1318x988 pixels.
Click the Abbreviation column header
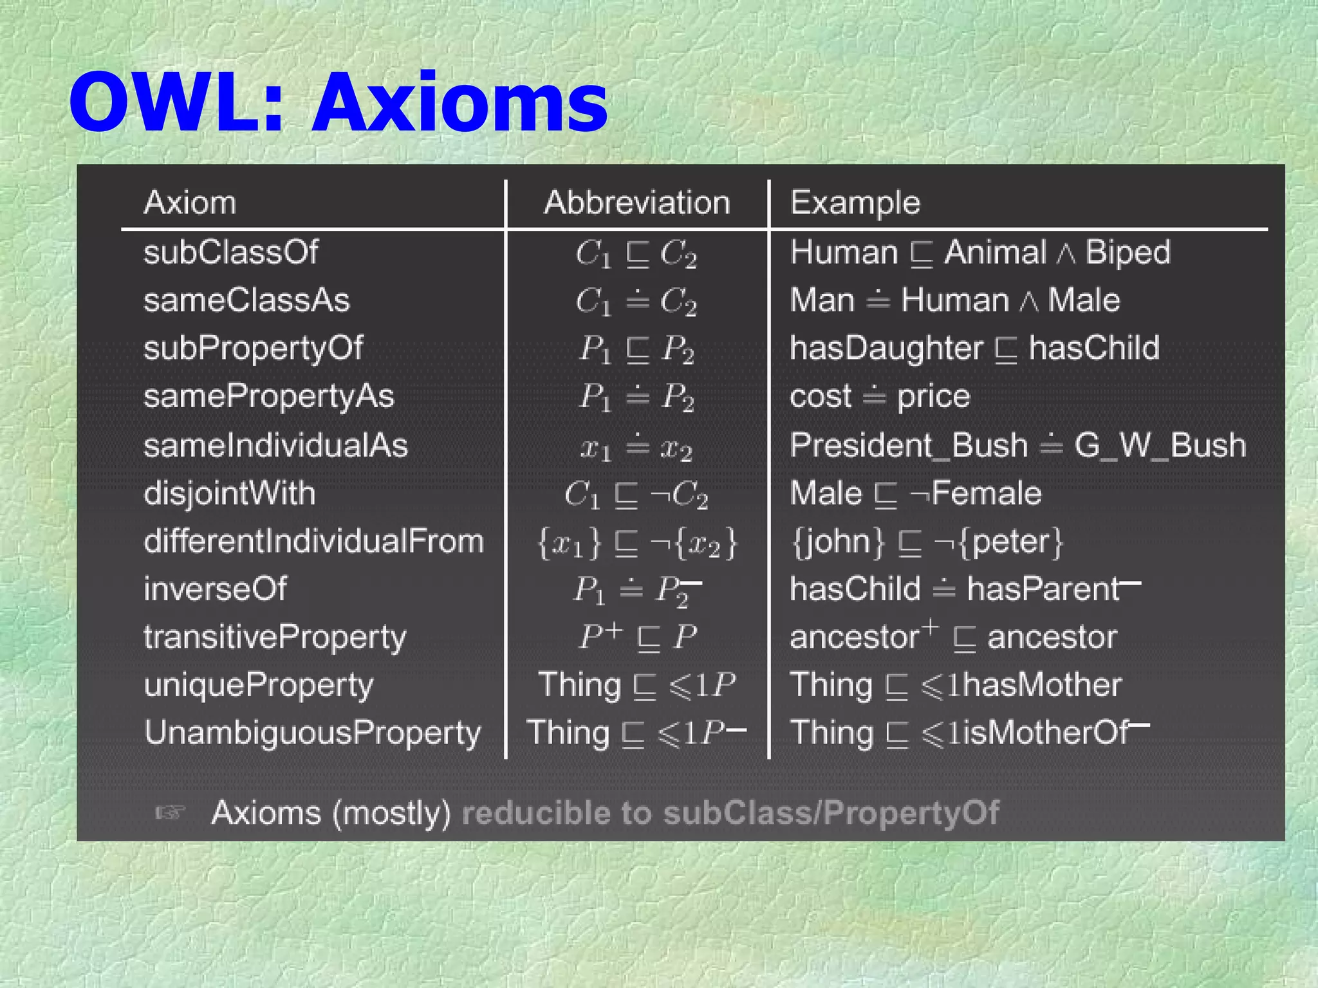(x=637, y=203)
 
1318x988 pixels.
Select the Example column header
(x=855, y=203)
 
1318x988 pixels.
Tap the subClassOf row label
(x=230, y=252)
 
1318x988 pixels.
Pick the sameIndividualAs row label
(x=275, y=446)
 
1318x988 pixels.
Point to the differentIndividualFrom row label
(x=313, y=542)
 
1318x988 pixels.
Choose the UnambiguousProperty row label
(x=313, y=733)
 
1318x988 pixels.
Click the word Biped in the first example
(x=1128, y=252)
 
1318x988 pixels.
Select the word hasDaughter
(x=886, y=349)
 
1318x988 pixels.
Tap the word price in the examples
(x=933, y=397)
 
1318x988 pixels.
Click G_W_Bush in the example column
(x=1160, y=446)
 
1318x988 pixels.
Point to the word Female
(x=986, y=494)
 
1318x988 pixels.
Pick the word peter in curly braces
(x=1010, y=542)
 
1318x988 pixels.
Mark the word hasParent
(x=1043, y=589)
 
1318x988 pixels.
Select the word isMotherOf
(x=1046, y=733)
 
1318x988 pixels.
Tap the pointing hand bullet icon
(x=171, y=813)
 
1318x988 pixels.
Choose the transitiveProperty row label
(x=275, y=638)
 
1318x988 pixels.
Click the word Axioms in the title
(x=460, y=103)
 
